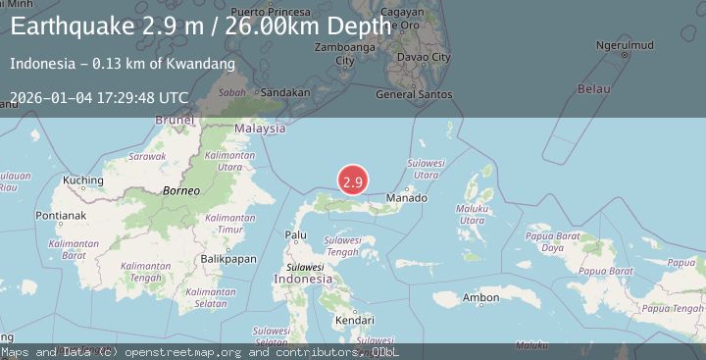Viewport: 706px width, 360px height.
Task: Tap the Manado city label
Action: (406, 198)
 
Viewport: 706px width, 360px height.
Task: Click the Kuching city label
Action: (82, 180)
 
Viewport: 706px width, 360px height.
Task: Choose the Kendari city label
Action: (354, 320)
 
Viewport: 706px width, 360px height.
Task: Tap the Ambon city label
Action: (481, 298)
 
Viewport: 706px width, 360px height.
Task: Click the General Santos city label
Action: (415, 94)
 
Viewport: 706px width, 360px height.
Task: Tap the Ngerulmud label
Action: (625, 45)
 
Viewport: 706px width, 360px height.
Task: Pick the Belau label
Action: (593, 89)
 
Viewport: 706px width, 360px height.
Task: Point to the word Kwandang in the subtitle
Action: (199, 64)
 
